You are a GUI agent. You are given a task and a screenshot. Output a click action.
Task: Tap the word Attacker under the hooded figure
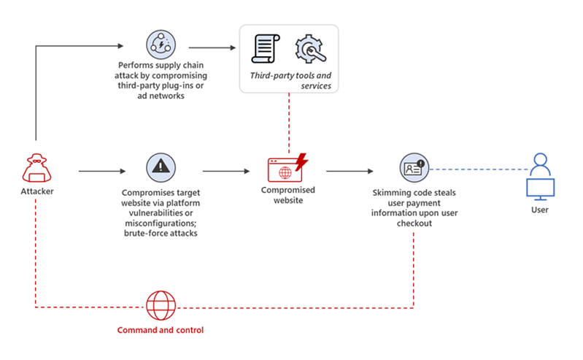tap(36, 191)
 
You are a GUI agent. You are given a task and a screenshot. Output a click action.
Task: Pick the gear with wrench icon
tap(309, 49)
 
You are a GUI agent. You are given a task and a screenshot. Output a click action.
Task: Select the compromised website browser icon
tap(285, 170)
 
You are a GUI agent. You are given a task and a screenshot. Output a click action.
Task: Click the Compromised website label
tap(288, 196)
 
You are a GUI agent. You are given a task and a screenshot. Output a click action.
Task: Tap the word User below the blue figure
tap(539, 210)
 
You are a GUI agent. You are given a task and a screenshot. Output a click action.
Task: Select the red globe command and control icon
tap(161, 305)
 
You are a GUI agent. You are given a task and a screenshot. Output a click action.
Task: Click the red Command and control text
tap(161, 330)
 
